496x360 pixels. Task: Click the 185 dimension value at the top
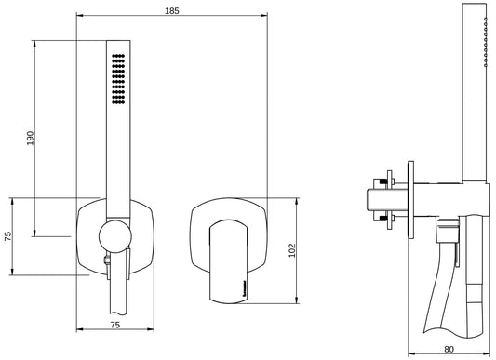[172, 11]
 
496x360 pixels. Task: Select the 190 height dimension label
[30, 138]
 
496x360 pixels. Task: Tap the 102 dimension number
[292, 250]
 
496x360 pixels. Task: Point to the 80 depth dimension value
[449, 349]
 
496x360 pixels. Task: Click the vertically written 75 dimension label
[7, 236]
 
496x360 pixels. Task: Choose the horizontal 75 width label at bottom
[115, 325]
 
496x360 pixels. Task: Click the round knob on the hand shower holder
[115, 236]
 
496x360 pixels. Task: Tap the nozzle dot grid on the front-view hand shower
[118, 79]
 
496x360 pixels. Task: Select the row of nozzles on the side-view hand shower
[486, 42]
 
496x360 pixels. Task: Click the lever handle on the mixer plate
[228, 261]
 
